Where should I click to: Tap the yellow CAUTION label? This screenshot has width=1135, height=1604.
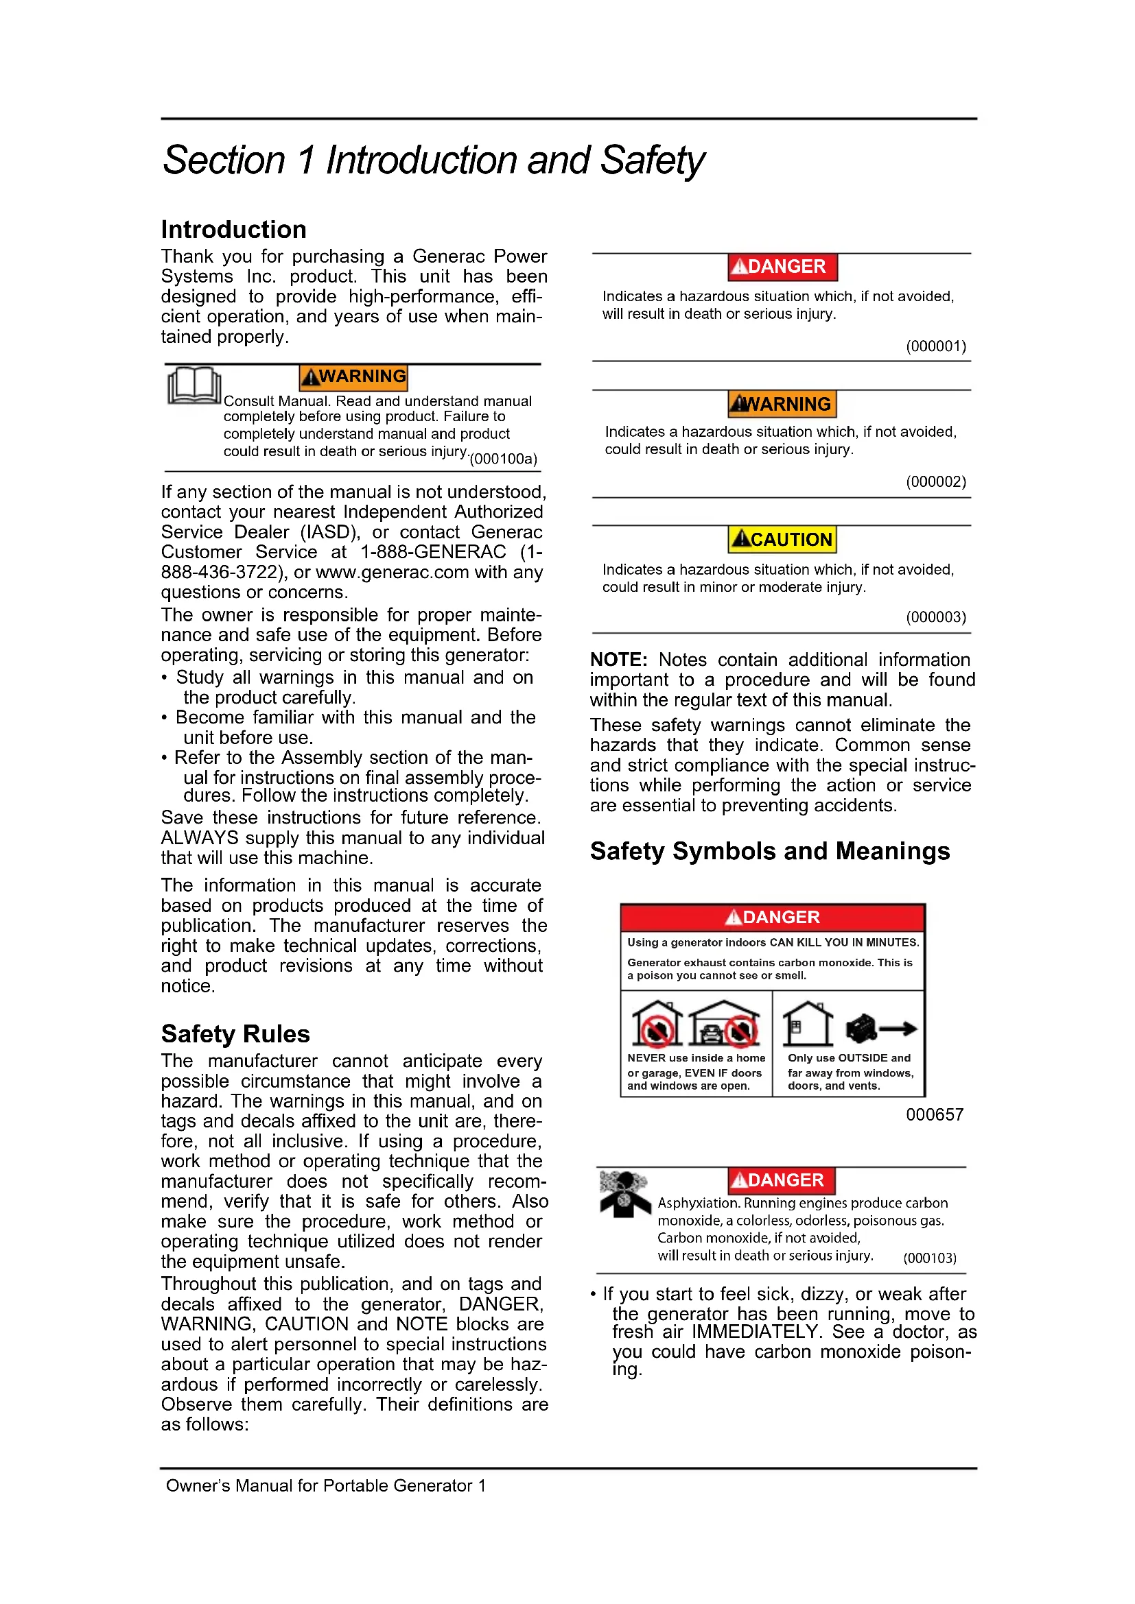point(782,539)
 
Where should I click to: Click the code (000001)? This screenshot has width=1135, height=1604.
point(936,346)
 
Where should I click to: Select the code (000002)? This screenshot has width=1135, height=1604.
point(936,481)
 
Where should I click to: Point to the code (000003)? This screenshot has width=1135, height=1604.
point(936,617)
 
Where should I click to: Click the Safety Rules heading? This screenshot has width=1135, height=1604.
point(235,1033)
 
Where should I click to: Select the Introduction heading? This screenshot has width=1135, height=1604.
point(233,229)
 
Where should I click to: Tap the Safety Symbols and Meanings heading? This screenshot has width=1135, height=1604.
point(769,851)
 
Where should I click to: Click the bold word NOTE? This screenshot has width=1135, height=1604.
point(618,660)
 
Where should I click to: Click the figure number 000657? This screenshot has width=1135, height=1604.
point(935,1114)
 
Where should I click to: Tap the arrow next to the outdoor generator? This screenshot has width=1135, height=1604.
point(899,1029)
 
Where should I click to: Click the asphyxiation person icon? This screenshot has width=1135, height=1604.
point(624,1194)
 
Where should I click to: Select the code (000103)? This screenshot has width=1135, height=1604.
point(930,1258)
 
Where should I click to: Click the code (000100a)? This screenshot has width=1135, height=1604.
point(503,459)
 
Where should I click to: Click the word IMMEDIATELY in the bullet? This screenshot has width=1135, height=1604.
point(756,1332)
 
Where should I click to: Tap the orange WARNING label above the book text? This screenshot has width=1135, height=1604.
point(353,376)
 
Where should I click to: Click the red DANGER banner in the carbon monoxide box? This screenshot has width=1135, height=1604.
point(772,917)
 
